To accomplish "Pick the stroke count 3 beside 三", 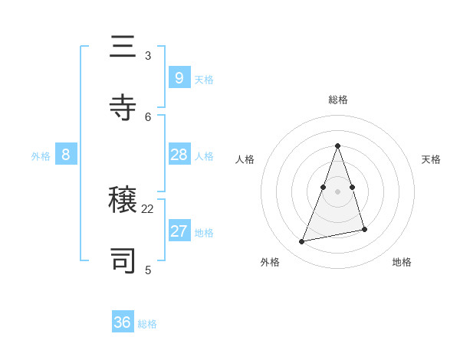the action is pyautogui.click(x=148, y=56).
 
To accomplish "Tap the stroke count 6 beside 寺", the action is pyautogui.click(x=148, y=116).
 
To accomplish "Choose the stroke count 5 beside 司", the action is pyautogui.click(x=148, y=269).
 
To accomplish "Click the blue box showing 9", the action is pyautogui.click(x=179, y=78).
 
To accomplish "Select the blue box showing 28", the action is pyautogui.click(x=179, y=155).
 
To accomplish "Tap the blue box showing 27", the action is pyautogui.click(x=179, y=231).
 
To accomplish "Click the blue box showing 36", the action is pyautogui.click(x=122, y=322).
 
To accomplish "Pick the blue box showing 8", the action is pyautogui.click(x=65, y=155).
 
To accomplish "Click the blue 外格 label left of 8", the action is pyautogui.click(x=41, y=155).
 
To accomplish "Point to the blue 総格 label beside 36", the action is pyautogui.click(x=147, y=324).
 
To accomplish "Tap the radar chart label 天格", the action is pyautogui.click(x=431, y=159).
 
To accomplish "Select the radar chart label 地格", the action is pyautogui.click(x=402, y=262).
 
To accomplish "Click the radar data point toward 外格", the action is pyautogui.click(x=302, y=242).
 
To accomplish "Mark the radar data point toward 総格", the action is pyautogui.click(x=337, y=146).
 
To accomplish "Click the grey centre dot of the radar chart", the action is pyautogui.click(x=337, y=191).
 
